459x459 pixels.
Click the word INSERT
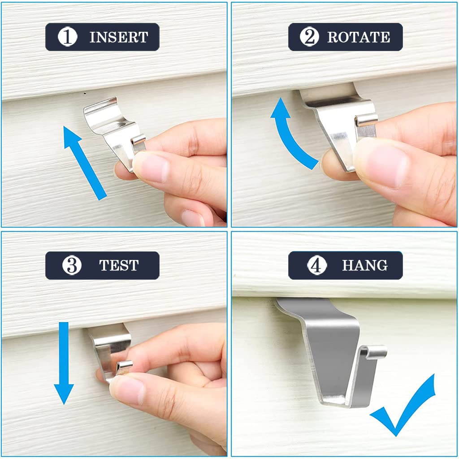pyautogui.click(x=118, y=37)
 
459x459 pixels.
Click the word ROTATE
pyautogui.click(x=359, y=37)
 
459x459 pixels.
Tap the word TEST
pyautogui.click(x=118, y=265)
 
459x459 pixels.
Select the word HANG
pyautogui.click(x=365, y=265)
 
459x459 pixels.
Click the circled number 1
pyautogui.click(x=68, y=37)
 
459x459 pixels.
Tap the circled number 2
pyautogui.click(x=309, y=37)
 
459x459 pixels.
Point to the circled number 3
pyautogui.click(x=72, y=265)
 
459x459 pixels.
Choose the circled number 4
pyautogui.click(x=317, y=265)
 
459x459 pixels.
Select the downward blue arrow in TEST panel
pyautogui.click(x=64, y=363)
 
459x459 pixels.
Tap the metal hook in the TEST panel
pyautogui.click(x=110, y=347)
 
